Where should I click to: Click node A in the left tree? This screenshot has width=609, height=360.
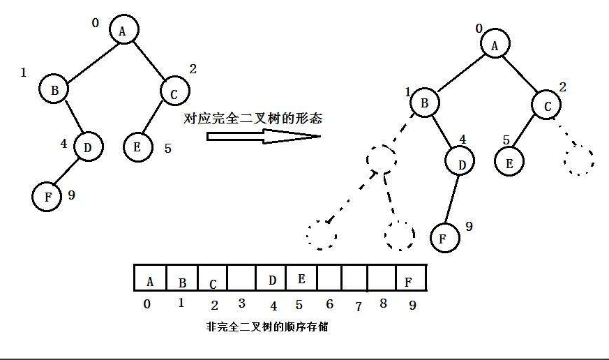[123, 30]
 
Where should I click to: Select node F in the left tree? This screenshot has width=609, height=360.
[47, 196]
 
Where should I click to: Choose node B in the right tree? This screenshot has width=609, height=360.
[424, 104]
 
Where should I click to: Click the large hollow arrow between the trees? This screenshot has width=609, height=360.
[262, 135]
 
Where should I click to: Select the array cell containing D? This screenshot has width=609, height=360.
[273, 279]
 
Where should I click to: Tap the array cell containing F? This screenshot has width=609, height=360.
[409, 279]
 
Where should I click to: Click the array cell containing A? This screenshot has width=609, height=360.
[149, 279]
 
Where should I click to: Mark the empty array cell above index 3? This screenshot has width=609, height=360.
[241, 279]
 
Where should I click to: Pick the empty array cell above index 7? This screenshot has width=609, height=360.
[354, 279]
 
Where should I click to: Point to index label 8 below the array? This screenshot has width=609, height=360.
[383, 304]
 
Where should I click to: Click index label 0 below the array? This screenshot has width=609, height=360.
[146, 304]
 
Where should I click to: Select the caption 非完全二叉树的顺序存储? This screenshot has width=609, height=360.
[267, 326]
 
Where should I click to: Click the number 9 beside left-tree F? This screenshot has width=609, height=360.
[70, 195]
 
